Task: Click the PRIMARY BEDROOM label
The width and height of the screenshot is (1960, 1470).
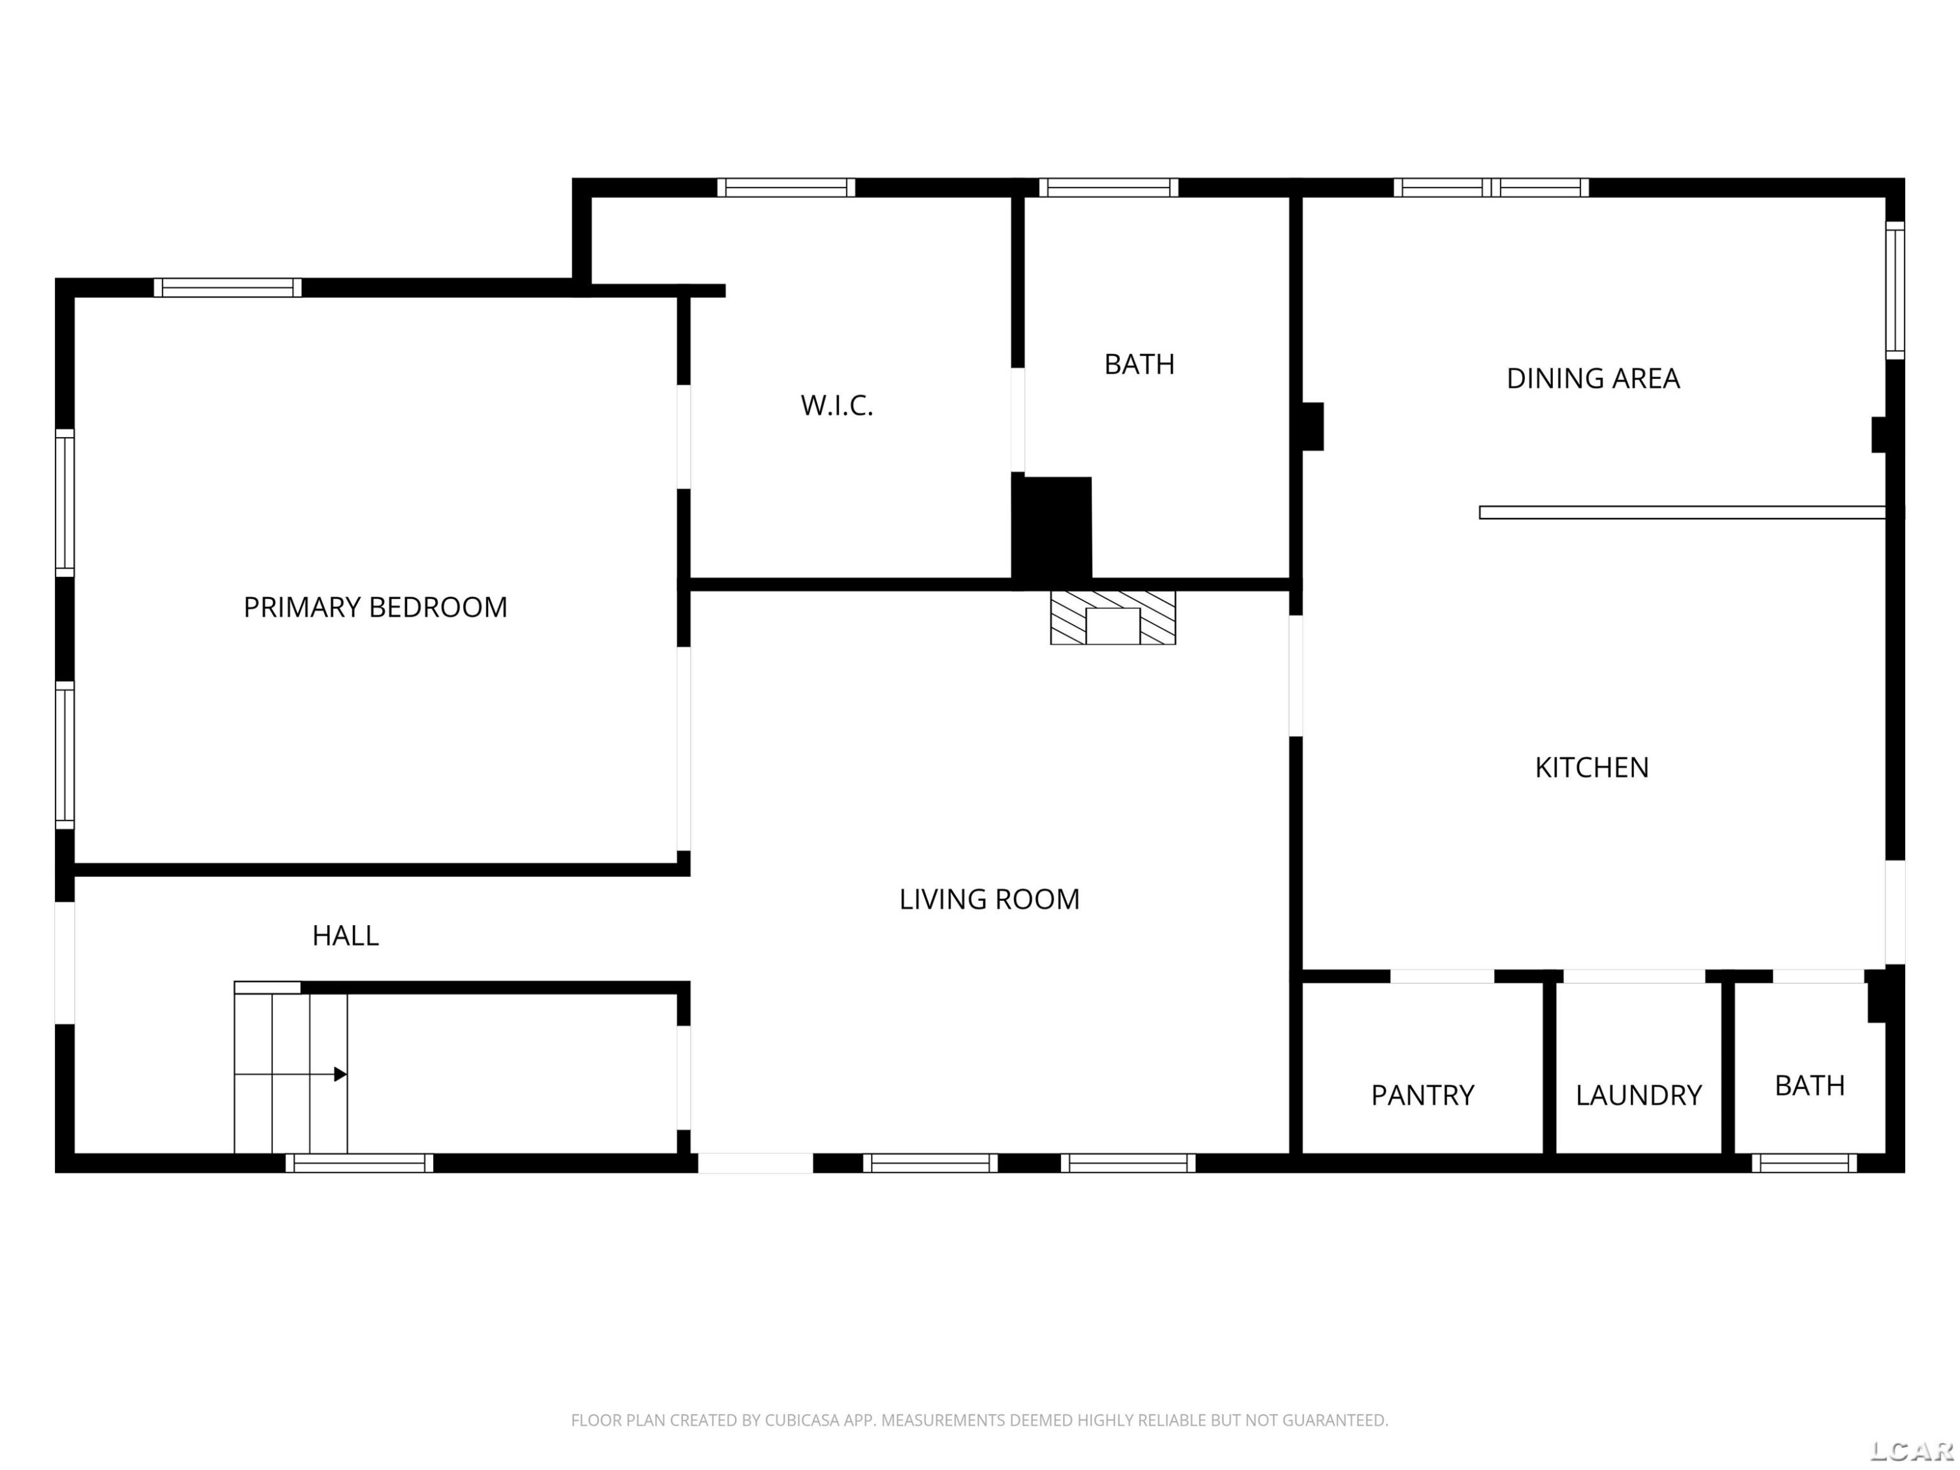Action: [375, 607]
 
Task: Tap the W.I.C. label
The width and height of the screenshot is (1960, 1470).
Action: [836, 405]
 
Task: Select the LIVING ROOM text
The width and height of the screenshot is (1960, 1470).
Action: [989, 900]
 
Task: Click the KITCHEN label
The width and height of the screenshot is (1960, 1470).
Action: [1592, 768]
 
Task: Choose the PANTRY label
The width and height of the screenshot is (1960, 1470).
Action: [1422, 1095]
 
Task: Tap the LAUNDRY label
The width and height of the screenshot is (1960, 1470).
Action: [1639, 1095]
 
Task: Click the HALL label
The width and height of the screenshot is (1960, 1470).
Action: [346, 936]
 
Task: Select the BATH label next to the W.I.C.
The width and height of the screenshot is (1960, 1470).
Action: [1139, 364]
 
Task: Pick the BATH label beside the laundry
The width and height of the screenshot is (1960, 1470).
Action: [1809, 1085]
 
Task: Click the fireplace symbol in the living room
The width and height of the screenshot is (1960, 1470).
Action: [1113, 617]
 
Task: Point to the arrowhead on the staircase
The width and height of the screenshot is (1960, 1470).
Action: [340, 1075]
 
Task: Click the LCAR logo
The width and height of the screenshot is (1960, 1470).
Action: [1911, 1450]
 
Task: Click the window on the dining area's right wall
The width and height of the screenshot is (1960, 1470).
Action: [1895, 291]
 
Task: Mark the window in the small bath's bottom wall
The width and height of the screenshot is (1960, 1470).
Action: [1804, 1164]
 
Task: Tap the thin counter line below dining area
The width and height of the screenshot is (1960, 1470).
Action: [1682, 512]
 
